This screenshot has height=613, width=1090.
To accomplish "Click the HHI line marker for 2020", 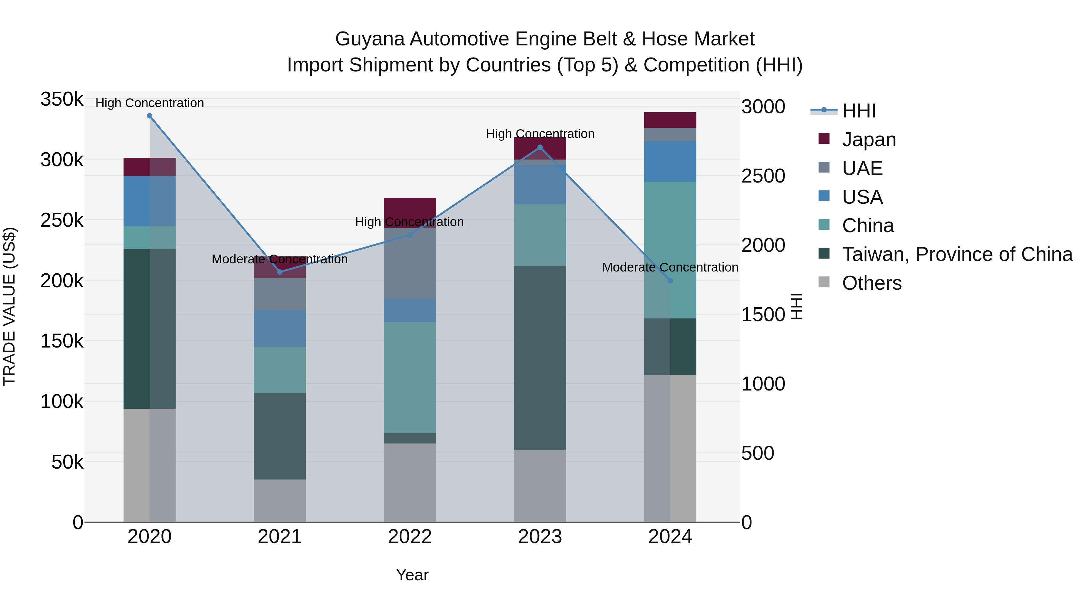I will pyautogui.click(x=149, y=116).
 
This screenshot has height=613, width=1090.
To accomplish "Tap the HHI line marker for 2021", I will pyautogui.click(x=280, y=272).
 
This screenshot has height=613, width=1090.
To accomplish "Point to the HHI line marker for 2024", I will pyautogui.click(x=670, y=281).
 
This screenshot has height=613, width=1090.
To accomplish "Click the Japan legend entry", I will pyautogui.click(x=869, y=140).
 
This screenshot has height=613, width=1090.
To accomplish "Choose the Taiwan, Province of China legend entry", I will pyautogui.click(x=957, y=254).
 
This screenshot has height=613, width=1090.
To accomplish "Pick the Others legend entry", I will pyautogui.click(x=872, y=283).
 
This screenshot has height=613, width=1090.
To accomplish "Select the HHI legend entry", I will pyautogui.click(x=859, y=111).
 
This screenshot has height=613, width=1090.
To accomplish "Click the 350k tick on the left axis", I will pyautogui.click(x=62, y=100).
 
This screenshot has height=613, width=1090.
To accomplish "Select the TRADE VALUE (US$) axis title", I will pyautogui.click(x=9, y=306).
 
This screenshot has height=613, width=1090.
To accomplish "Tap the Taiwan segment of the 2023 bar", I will pyautogui.click(x=540, y=358).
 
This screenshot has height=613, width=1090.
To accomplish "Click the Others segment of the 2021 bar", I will pyautogui.click(x=280, y=500).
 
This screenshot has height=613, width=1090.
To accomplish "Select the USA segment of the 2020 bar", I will pyautogui.click(x=149, y=201).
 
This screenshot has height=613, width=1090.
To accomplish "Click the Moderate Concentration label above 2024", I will pyautogui.click(x=670, y=267).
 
